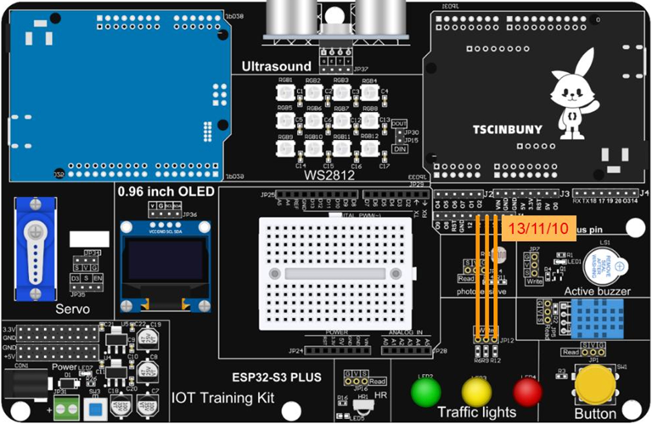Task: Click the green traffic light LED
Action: [426, 393]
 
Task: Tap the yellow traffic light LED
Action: [477, 393]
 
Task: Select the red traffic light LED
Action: [528, 392]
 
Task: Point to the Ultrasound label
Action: [277, 66]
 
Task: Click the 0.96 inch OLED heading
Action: [166, 192]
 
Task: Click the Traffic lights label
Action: [476, 413]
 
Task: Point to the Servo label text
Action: [73, 309]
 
